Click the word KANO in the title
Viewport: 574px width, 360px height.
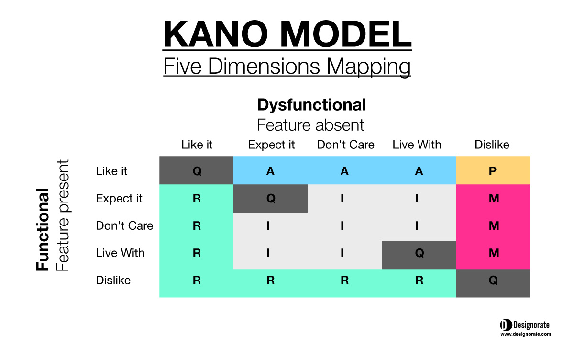click(x=216, y=34)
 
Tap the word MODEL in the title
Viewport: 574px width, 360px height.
click(x=346, y=34)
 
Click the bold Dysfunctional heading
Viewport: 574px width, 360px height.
click(x=311, y=106)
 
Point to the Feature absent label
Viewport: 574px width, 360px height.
click(x=310, y=125)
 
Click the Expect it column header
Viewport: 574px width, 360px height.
click(x=271, y=145)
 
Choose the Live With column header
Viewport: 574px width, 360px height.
click(x=417, y=145)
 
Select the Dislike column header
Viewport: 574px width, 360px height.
click(x=492, y=145)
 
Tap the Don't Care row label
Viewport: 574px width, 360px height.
click(x=124, y=225)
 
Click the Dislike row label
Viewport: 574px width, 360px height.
click(x=113, y=280)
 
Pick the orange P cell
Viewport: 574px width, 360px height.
click(x=493, y=170)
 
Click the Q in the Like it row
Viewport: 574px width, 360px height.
click(x=197, y=171)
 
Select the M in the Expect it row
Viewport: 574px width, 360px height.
click(x=494, y=199)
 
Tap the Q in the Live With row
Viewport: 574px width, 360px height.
click(x=419, y=253)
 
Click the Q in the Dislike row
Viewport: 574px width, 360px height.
click(x=493, y=280)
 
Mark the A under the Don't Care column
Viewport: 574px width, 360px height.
click(x=344, y=171)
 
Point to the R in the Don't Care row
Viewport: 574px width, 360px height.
click(x=197, y=225)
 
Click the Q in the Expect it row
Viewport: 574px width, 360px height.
click(x=271, y=198)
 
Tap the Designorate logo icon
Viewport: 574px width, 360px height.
click(x=506, y=325)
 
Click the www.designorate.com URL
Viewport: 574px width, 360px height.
click(x=526, y=334)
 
